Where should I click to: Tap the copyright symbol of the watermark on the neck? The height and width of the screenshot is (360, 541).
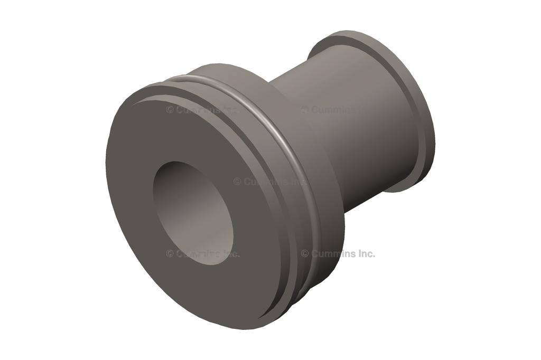305,110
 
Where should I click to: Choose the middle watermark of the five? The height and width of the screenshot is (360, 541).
269,182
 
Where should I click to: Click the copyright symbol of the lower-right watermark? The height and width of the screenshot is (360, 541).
305,253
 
